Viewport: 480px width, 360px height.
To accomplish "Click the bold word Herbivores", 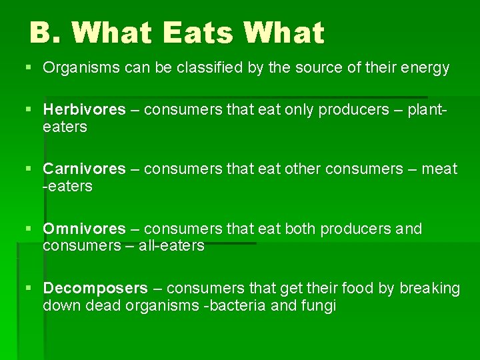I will pos(84,109).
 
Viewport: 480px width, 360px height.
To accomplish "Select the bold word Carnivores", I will pos(84,169).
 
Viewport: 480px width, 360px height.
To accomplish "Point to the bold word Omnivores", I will pos(84,229).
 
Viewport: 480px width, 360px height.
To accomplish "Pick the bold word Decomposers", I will pos(95,288).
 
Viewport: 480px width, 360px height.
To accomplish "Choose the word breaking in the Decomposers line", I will pos(430,288).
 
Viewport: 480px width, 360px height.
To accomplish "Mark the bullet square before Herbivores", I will pos(28,109).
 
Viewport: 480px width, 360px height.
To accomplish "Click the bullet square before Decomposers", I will pos(28,288).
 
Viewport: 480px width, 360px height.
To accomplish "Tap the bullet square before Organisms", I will pos(28,68).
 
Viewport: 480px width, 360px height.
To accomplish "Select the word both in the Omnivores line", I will pos(301,229).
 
